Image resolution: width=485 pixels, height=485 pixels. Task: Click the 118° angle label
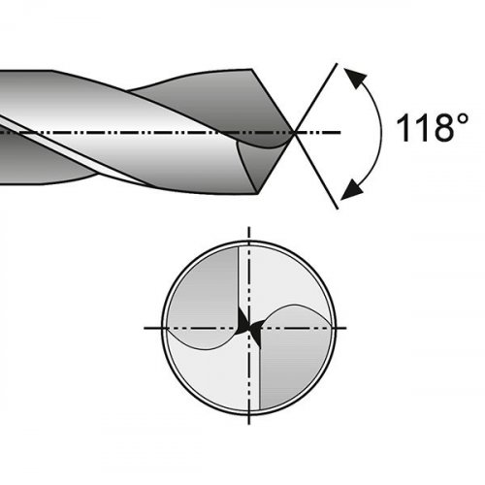click(x=432, y=128)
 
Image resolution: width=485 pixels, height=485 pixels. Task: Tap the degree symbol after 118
click(x=463, y=119)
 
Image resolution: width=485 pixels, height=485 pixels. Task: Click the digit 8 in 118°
click(x=442, y=128)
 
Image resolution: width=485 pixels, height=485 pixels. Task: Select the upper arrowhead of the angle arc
click(x=356, y=78)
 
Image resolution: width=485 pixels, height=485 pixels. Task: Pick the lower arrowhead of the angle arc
click(x=352, y=188)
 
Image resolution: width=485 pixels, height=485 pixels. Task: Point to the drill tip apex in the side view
click(x=294, y=132)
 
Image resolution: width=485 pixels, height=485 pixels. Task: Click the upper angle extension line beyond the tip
click(x=316, y=98)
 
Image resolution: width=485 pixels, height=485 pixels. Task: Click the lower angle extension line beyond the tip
click(x=316, y=171)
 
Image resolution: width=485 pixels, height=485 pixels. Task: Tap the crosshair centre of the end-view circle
click(x=248, y=328)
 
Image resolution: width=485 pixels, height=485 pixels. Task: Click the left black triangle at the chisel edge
click(x=242, y=321)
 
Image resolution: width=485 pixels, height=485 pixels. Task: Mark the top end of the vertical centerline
click(x=248, y=227)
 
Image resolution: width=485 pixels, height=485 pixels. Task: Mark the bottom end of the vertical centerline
click(x=248, y=424)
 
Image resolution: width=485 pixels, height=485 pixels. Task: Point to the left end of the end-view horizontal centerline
click(x=145, y=328)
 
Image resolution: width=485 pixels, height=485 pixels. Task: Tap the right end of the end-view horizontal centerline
click(x=346, y=328)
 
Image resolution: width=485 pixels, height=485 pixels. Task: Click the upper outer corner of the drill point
click(x=252, y=69)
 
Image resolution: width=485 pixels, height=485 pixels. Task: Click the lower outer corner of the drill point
click(x=258, y=194)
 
